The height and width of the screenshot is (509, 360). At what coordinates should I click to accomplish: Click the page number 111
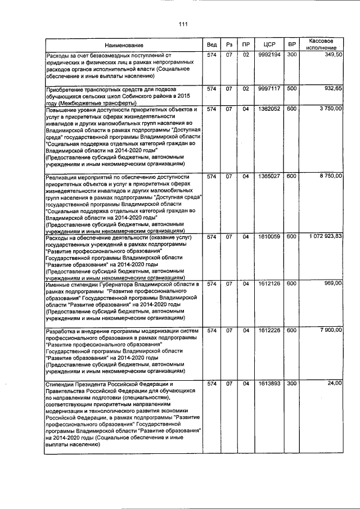pyautogui.click(x=183, y=23)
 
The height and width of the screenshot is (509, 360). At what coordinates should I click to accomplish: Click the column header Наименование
pyautogui.click(x=124, y=44)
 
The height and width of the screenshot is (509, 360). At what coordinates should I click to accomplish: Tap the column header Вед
pyautogui.click(x=211, y=44)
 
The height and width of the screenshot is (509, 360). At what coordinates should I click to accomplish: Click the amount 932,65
pyautogui.click(x=330, y=89)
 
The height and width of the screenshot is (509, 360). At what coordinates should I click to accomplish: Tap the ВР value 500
pyautogui.click(x=291, y=89)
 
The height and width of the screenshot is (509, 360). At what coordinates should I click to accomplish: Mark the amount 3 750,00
pyautogui.click(x=327, y=109)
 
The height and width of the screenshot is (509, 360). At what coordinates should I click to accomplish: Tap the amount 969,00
pyautogui.click(x=330, y=283)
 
